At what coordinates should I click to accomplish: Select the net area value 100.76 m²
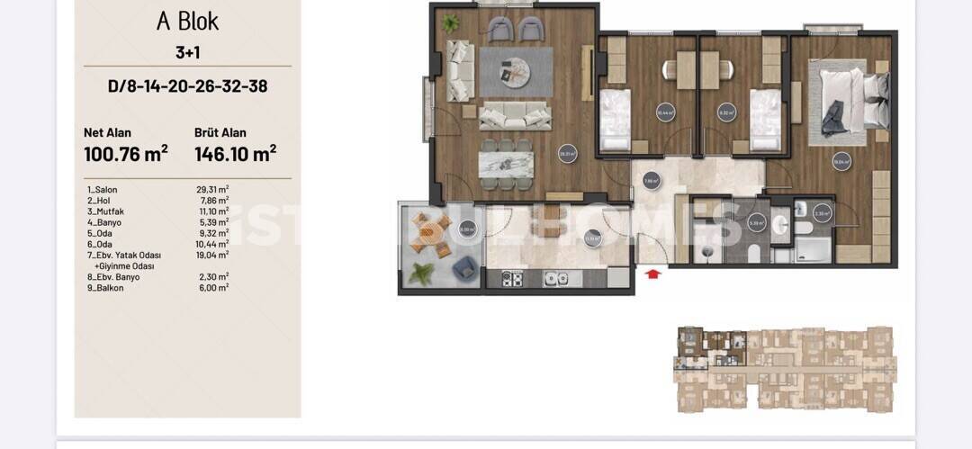[x=126, y=154]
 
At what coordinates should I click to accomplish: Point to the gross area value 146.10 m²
[x=235, y=154]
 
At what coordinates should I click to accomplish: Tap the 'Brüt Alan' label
[x=220, y=132]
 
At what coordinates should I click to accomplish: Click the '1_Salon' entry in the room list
[x=103, y=190]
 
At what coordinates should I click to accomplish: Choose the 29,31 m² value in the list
[x=212, y=190]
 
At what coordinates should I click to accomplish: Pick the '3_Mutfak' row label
[x=104, y=211]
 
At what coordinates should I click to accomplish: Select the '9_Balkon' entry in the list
[x=104, y=287]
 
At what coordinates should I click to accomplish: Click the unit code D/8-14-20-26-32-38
[x=187, y=86]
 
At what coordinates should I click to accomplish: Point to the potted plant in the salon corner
[x=450, y=23]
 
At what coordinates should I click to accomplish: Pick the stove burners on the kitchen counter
[x=512, y=279]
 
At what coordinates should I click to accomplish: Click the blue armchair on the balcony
[x=464, y=266]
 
